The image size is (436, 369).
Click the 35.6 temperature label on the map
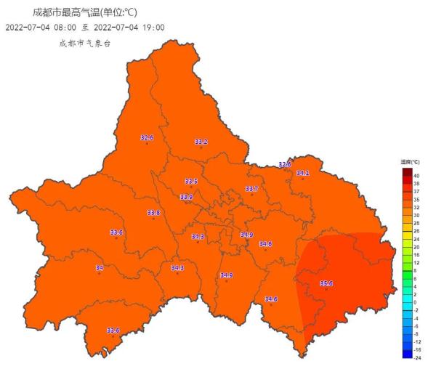click(326, 283)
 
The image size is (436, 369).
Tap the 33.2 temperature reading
click(201, 142)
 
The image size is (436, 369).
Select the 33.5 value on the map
click(191, 181)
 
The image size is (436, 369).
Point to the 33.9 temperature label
click(187, 197)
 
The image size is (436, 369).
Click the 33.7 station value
click(251, 189)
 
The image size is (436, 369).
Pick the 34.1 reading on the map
click(302, 173)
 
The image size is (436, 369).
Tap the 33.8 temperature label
click(153, 213)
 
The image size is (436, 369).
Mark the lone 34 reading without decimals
click(100, 268)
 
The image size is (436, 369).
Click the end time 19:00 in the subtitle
click(153, 28)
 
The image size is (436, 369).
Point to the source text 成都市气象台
click(85, 43)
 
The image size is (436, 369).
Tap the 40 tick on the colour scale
click(416, 176)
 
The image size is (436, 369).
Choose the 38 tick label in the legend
click(416, 184)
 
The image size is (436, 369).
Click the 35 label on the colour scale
click(416, 199)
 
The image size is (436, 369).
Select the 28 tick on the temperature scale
click(416, 223)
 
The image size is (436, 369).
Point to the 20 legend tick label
click(416, 247)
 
